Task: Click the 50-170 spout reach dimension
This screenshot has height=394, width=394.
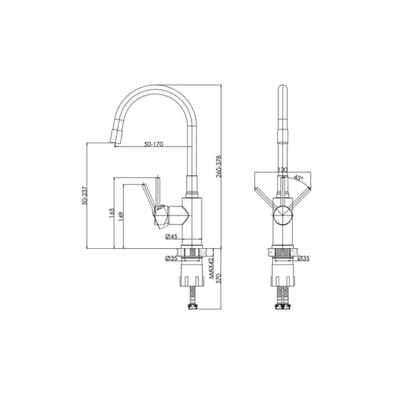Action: coord(154,144)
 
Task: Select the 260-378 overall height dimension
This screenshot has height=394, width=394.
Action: coord(219,166)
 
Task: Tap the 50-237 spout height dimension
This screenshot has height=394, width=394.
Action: coord(85,195)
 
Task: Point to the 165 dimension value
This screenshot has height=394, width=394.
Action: coord(112,213)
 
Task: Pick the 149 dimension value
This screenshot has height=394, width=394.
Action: coord(121,217)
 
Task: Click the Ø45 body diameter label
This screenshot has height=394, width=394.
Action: coord(171,236)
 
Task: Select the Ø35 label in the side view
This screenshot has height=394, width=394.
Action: coord(171,258)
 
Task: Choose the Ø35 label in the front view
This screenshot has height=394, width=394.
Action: coord(303,258)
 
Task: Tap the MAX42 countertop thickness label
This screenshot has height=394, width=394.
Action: coord(211,268)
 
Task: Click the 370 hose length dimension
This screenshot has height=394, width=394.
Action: coord(219,278)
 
